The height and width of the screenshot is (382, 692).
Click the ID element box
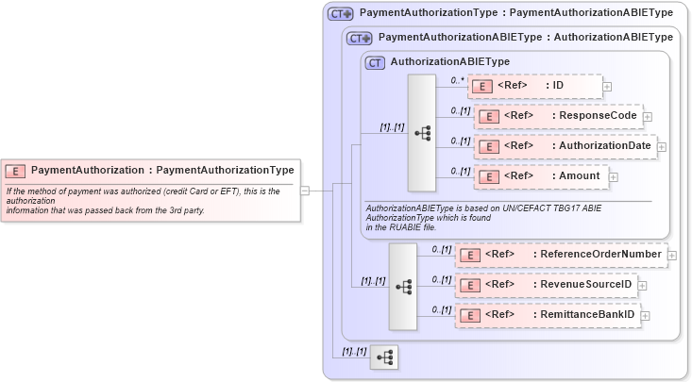pos(534,87)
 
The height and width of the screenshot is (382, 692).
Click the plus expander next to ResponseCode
pos(648,118)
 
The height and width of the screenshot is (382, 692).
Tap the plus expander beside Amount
pos(614,176)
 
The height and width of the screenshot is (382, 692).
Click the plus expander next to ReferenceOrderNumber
pos(672,254)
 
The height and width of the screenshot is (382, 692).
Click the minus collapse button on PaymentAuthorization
pos(305,190)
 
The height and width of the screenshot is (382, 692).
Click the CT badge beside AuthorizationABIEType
pos(375,62)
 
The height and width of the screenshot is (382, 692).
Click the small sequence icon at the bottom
pos(384,357)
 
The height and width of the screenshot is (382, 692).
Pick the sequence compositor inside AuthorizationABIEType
pos(421,133)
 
